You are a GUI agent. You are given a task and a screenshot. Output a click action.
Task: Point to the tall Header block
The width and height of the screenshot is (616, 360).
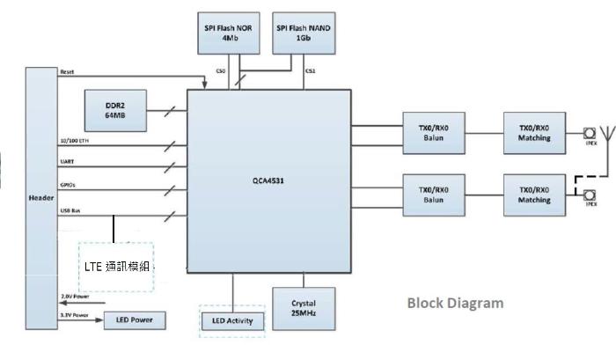pyautogui.click(x=41, y=197)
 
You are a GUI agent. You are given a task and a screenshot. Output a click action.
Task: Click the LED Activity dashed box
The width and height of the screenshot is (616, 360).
pyautogui.click(x=232, y=320)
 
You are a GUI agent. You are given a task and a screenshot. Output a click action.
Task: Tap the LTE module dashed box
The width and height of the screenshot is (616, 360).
pyautogui.click(x=115, y=267)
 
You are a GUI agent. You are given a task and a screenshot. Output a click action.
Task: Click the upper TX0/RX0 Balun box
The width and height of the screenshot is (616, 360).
pyautogui.click(x=435, y=132)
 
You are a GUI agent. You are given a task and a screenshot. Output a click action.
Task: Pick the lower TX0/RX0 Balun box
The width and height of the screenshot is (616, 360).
pyautogui.click(x=435, y=194)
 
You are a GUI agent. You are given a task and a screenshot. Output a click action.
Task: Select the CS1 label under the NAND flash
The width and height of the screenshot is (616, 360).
pyautogui.click(x=310, y=71)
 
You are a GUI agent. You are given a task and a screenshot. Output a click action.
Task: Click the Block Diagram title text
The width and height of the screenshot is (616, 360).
pyautogui.click(x=456, y=303)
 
